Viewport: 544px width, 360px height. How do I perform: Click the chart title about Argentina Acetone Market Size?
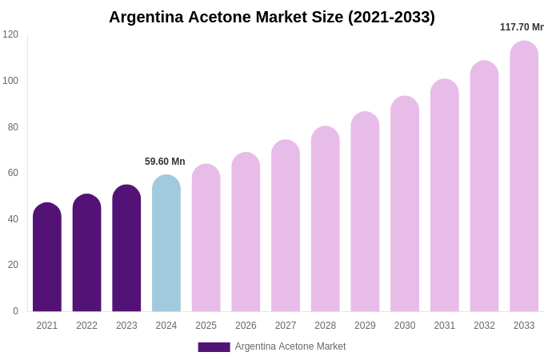pyautogui.click(x=272, y=17)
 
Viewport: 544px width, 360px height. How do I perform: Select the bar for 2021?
pyautogui.click(x=47, y=258)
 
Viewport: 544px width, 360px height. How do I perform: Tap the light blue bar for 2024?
pyautogui.click(x=166, y=244)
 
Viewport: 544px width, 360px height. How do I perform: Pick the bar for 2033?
pyautogui.click(x=524, y=177)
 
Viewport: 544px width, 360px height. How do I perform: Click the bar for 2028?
pyautogui.click(x=326, y=219)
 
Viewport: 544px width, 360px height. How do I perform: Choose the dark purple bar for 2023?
pyautogui.click(x=126, y=249)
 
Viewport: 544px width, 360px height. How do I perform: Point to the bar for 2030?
pyautogui.click(x=405, y=204)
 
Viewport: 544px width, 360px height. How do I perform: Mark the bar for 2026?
pyautogui.click(x=246, y=232)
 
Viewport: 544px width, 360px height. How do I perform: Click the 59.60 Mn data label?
pyautogui.click(x=165, y=162)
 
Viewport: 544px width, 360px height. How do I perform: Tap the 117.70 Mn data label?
pyautogui.click(x=522, y=27)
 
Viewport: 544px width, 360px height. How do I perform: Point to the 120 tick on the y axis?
pyautogui.click(x=10, y=34)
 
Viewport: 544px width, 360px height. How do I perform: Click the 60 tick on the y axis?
pyautogui.click(x=13, y=173)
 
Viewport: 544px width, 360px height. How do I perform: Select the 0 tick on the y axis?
pyautogui.click(x=15, y=311)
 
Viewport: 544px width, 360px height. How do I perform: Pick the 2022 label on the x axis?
pyautogui.click(x=87, y=326)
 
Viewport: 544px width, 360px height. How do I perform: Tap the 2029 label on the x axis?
pyautogui.click(x=365, y=326)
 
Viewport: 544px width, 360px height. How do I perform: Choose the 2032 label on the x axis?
pyautogui.click(x=484, y=326)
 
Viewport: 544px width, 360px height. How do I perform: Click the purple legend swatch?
pyautogui.click(x=214, y=347)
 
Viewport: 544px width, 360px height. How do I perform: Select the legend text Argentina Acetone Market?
pyautogui.click(x=290, y=346)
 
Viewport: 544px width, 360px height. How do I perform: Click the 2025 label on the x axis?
pyautogui.click(x=206, y=326)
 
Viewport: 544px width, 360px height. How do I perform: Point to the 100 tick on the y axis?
pyautogui.click(x=10, y=81)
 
